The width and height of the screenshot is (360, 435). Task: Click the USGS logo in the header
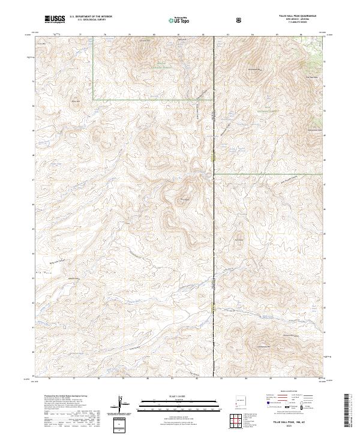click(x=55, y=19)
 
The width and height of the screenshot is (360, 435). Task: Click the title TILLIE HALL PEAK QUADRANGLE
click(x=293, y=16)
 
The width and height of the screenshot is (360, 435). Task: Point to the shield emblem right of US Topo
click(x=239, y=20)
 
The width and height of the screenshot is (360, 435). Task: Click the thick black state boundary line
click(x=214, y=240)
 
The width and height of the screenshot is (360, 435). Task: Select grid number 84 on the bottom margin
click(x=246, y=380)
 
